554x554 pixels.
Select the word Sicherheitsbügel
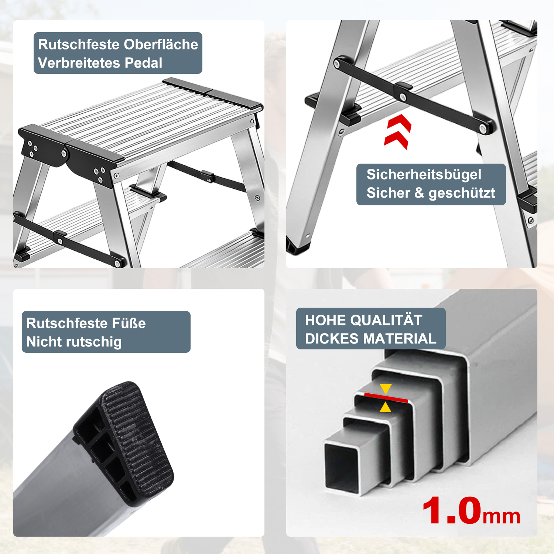coord(424,175)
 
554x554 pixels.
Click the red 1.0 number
coord(452,511)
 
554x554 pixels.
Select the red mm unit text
coord(501,516)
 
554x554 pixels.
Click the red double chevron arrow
coord(398,132)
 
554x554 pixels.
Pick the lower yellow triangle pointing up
coord(386,407)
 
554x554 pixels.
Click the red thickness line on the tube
coord(386,398)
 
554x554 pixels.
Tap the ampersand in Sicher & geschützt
coord(419,193)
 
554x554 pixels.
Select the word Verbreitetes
coord(79,63)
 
